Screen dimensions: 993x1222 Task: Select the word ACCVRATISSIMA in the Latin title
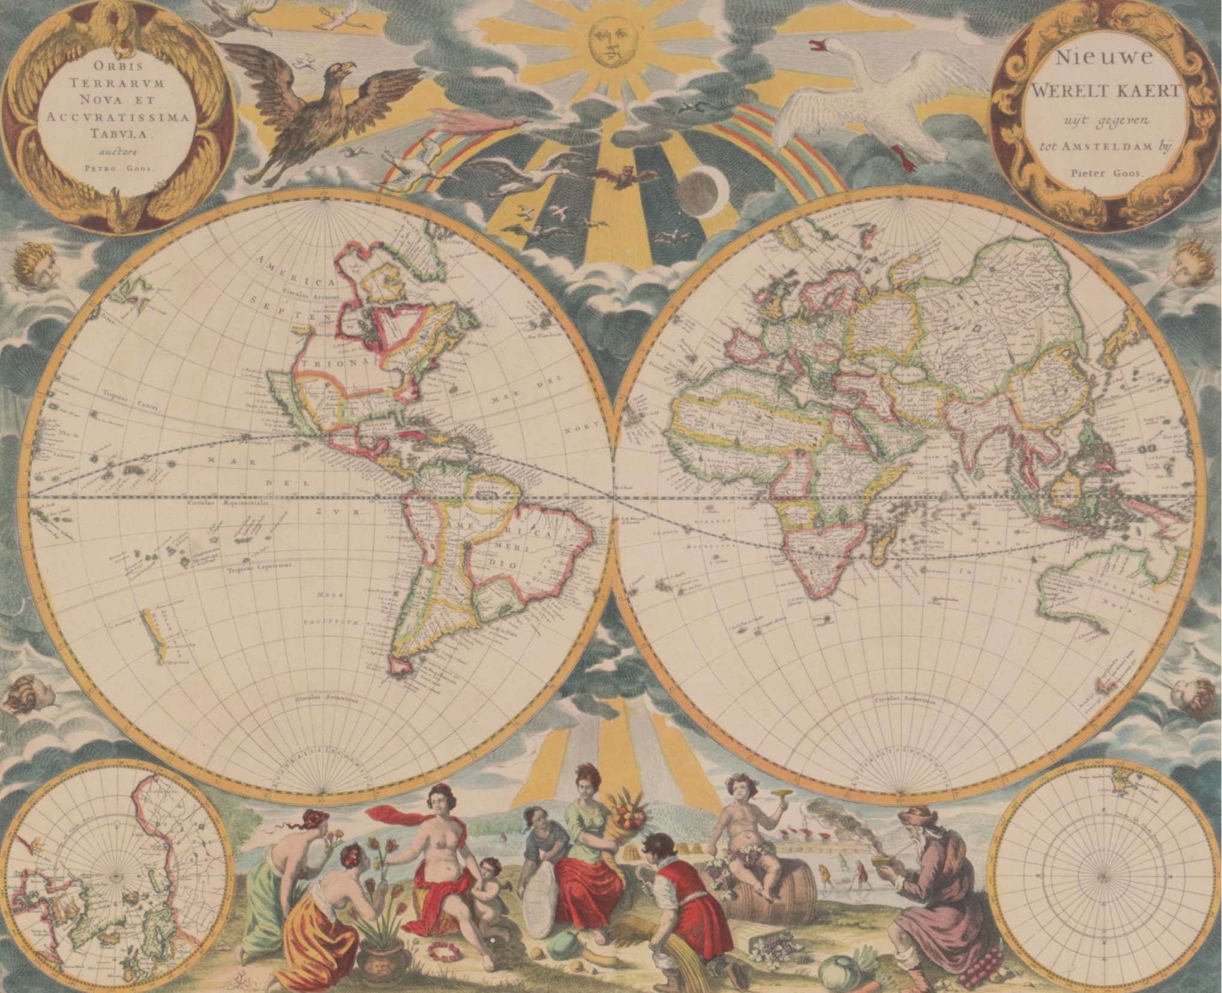point(119,118)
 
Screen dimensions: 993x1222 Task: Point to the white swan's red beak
point(818,46)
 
